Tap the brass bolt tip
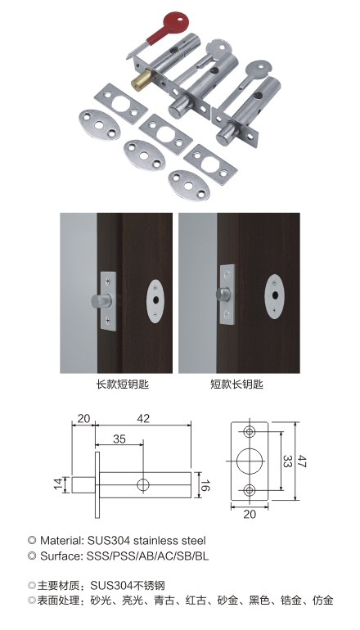tap(139, 79)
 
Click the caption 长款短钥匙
tap(123, 385)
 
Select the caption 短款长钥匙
tap(237, 385)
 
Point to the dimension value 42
tap(143, 419)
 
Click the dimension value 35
tap(119, 439)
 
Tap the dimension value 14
tap(59, 484)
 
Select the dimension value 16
tap(204, 485)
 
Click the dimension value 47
tap(301, 461)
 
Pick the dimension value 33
tap(286, 461)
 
